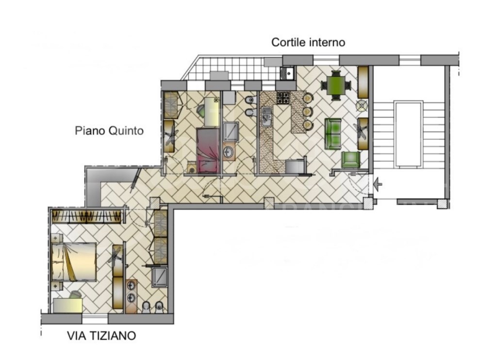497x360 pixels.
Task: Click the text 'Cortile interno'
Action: (308, 42)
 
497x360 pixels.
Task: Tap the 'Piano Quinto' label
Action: (109, 131)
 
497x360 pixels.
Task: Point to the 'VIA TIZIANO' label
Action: (101, 335)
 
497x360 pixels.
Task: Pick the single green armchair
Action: (350, 160)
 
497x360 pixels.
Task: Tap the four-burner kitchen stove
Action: (283, 98)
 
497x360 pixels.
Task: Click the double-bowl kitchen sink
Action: (267, 117)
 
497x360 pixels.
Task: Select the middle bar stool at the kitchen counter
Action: (308, 112)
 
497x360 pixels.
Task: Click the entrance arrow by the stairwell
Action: (377, 184)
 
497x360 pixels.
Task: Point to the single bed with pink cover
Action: (208, 150)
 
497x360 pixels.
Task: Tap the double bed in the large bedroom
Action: (74, 262)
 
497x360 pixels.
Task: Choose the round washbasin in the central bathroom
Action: (229, 152)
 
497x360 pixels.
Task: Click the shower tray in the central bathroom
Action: (231, 131)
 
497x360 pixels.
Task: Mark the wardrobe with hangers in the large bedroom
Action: (86, 216)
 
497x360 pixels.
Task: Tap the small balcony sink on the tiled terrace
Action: (288, 73)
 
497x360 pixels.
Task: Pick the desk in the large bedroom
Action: (67, 305)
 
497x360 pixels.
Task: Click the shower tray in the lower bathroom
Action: (159, 278)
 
